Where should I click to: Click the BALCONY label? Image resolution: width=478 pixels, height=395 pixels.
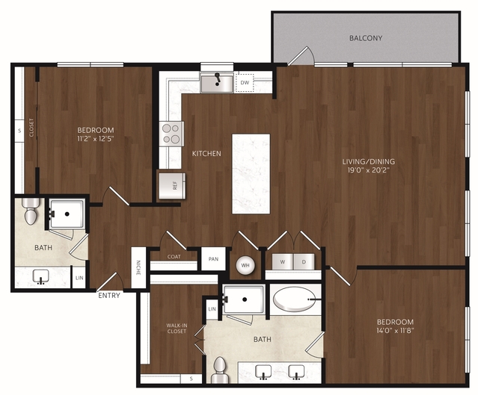click(x=366, y=38)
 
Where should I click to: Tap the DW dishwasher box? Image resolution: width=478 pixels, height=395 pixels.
click(x=245, y=82)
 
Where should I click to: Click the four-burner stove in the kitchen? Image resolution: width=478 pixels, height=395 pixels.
click(x=171, y=134)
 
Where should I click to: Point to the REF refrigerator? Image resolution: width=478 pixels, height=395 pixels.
click(x=172, y=186)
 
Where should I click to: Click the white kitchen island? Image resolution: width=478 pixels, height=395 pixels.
click(x=251, y=174)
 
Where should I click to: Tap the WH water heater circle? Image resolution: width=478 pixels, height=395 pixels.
click(x=245, y=265)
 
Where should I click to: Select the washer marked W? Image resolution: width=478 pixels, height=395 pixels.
click(x=283, y=261)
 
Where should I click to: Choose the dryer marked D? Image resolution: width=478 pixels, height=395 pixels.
click(x=304, y=261)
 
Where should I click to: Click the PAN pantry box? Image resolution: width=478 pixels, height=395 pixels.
click(x=213, y=259)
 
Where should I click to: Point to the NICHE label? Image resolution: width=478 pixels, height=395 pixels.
click(x=138, y=268)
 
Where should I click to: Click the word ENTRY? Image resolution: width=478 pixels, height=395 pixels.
click(x=109, y=295)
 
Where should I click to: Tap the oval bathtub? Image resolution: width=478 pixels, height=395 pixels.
click(x=295, y=299)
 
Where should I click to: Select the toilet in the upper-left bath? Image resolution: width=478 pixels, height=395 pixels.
click(x=31, y=211)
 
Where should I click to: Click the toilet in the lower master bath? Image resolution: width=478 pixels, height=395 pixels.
click(x=220, y=370)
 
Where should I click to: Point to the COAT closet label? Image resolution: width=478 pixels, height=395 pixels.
click(x=174, y=257)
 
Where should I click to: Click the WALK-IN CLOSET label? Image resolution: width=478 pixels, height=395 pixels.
click(x=177, y=329)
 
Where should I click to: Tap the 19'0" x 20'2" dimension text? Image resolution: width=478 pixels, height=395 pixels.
click(x=369, y=170)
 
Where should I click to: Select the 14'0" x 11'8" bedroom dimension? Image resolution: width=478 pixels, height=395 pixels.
click(x=395, y=331)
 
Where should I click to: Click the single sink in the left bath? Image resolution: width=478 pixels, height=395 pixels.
click(x=41, y=276)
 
